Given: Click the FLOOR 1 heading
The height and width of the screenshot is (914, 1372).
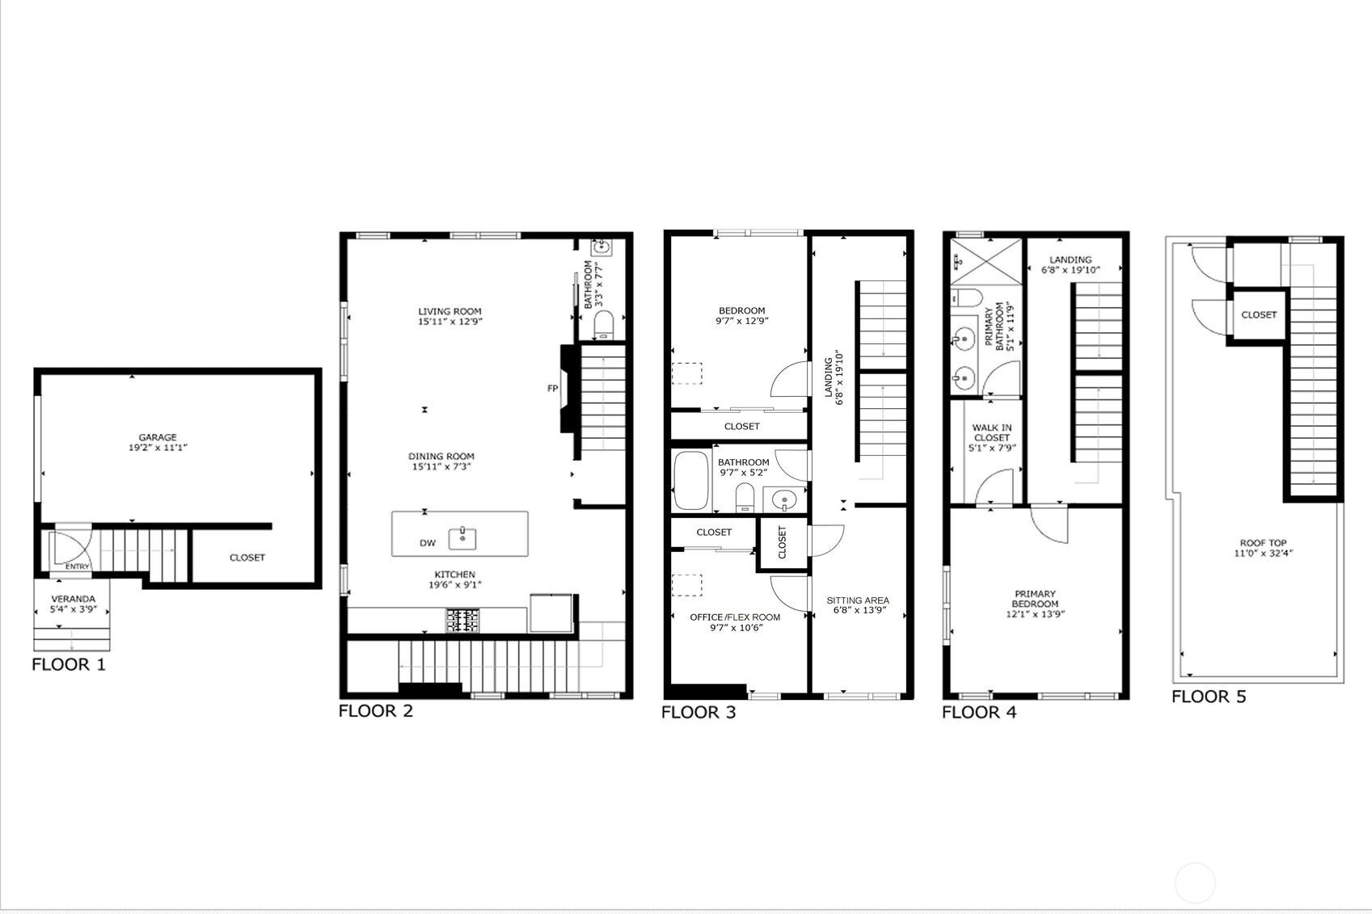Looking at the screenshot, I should click(69, 665).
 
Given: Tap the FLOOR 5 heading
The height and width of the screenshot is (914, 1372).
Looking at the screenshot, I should click(1209, 697).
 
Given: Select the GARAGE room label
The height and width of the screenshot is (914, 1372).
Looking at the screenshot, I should click(157, 437).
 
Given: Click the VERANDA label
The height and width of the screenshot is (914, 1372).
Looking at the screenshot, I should click(74, 599).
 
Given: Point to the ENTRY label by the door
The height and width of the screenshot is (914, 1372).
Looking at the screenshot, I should click(78, 567).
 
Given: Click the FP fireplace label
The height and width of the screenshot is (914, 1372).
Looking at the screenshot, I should click(553, 389).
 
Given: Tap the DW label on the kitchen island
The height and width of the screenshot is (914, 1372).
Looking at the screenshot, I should click(427, 543).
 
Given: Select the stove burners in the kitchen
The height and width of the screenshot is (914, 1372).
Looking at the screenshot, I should click(462, 621).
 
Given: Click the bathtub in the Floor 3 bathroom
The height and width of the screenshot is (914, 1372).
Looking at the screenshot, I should click(690, 480).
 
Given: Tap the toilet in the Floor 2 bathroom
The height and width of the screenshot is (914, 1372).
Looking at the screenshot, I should click(603, 326).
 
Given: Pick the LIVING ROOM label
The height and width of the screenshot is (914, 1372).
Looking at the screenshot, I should click(450, 311).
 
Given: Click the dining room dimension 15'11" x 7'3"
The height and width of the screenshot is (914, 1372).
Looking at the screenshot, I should click(441, 467).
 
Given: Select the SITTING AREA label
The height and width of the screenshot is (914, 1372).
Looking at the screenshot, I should click(858, 600).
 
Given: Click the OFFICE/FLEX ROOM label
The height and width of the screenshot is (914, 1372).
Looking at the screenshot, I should click(735, 617).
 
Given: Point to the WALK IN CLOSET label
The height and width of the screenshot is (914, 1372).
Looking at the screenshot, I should click(992, 432).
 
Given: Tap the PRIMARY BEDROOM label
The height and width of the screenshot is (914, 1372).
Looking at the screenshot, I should click(1035, 599).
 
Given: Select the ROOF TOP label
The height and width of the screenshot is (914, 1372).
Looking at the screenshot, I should click(1263, 543).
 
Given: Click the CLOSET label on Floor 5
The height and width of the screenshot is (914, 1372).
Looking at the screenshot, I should click(1259, 315).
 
